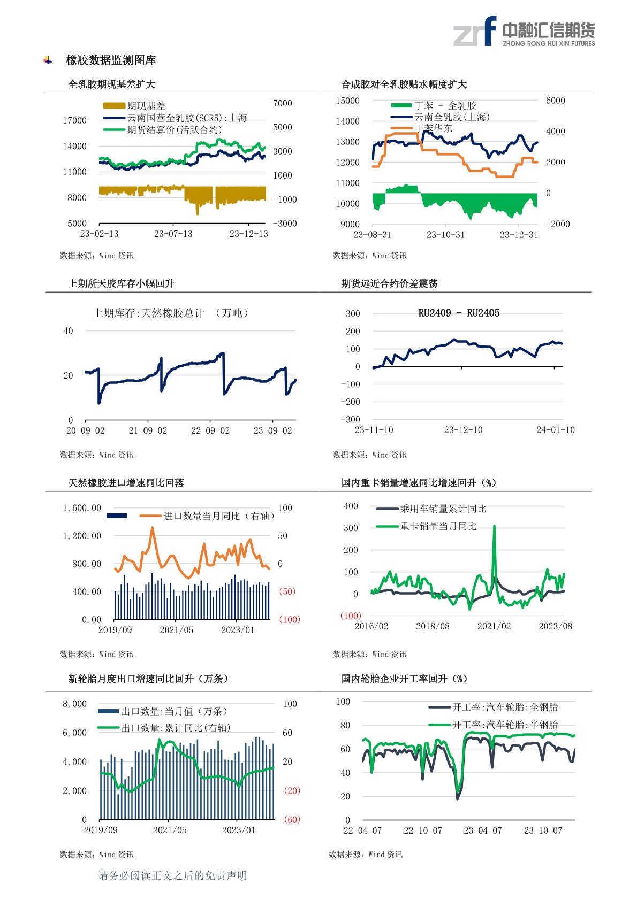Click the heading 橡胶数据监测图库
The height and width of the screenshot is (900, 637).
111,60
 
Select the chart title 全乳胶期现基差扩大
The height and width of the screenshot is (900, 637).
111,84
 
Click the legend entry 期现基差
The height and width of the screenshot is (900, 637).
146,106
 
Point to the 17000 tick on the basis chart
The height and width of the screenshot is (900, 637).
74,120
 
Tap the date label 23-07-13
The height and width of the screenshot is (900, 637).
173,234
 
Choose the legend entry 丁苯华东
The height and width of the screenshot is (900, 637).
433,128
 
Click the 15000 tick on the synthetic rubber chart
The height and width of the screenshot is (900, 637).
347,101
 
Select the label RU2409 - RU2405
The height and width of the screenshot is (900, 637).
459,313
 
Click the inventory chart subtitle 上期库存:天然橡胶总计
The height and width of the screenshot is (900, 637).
149,313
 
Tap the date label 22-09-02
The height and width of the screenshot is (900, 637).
210,430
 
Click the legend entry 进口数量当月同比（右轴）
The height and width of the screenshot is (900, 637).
218,516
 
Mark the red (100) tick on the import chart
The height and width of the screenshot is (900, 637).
289,619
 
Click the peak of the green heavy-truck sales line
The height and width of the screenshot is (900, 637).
494,526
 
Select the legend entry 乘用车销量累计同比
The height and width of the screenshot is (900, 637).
443,509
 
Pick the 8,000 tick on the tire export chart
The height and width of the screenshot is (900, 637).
74,704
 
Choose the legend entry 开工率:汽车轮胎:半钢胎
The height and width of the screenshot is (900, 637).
505,725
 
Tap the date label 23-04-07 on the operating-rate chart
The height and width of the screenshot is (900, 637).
483,830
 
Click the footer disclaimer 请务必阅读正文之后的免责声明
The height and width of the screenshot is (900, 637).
172,875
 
